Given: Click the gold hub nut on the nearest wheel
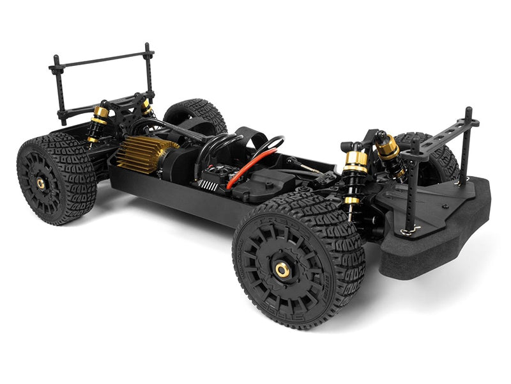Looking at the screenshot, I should point(282,269).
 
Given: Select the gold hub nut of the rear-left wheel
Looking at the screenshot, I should point(41,183).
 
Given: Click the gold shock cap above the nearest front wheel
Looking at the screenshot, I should point(356,157).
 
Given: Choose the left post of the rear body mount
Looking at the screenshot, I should point(57,90).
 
